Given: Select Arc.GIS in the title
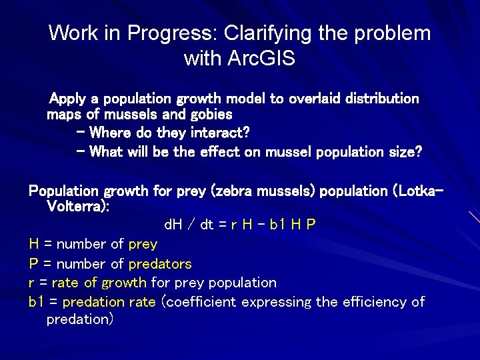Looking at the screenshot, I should pyautogui.click(x=261, y=59).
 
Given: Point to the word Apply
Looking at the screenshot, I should pyautogui.click(x=68, y=99).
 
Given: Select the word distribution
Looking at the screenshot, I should pyautogui.click(x=381, y=99).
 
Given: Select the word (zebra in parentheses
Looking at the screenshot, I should pyautogui.click(x=231, y=191).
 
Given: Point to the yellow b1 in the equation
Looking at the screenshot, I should pyautogui.click(x=279, y=225).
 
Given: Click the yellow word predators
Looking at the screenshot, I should pyautogui.click(x=160, y=264).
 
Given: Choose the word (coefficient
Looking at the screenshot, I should pyautogui.click(x=199, y=302).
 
